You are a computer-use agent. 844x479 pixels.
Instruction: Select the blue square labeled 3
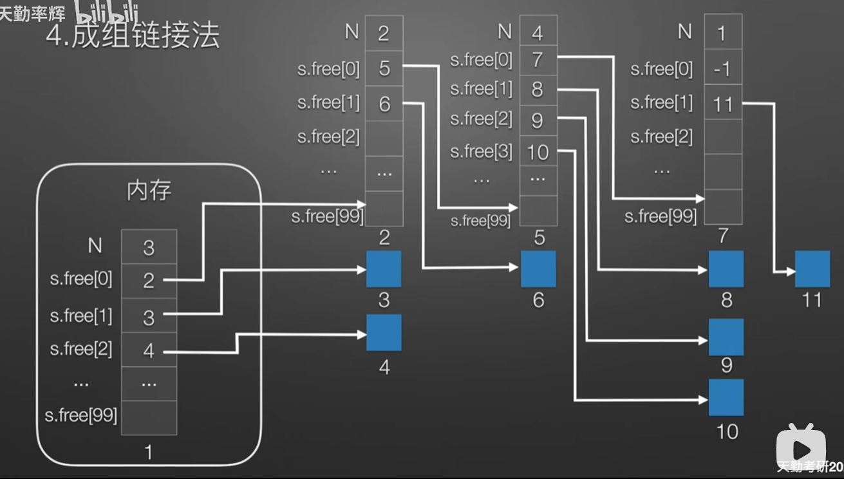[384, 269]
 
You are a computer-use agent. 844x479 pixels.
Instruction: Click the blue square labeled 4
[384, 333]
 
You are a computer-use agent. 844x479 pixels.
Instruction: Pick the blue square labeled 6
[538, 269]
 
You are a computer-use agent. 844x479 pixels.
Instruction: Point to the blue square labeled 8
[726, 269]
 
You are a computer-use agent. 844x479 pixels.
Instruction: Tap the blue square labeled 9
[726, 337]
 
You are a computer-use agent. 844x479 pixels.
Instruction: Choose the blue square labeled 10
[726, 398]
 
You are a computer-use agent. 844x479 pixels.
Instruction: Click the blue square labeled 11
[812, 269]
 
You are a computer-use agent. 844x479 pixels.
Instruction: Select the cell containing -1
[723, 69]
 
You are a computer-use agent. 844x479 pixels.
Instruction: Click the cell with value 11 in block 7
[723, 104]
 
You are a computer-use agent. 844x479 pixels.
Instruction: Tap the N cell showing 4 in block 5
[538, 32]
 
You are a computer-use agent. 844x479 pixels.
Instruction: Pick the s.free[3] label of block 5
[481, 152]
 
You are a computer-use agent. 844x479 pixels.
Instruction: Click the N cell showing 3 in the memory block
[149, 247]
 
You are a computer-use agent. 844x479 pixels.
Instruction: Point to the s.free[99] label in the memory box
[81, 416]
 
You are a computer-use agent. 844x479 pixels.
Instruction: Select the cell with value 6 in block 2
[384, 104]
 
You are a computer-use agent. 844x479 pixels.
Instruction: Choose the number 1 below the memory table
[149, 452]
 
